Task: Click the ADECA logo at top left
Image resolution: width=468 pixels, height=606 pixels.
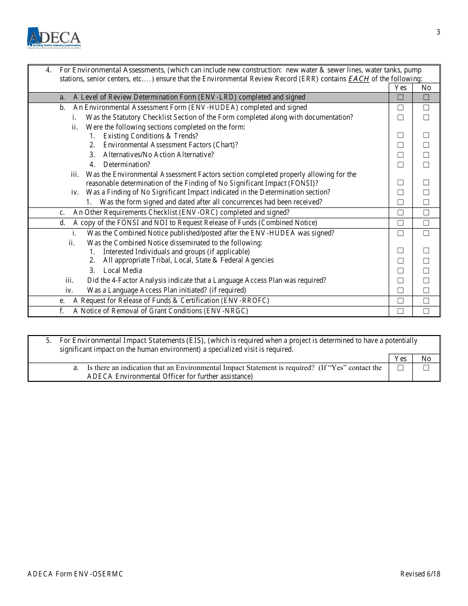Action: point(54,37)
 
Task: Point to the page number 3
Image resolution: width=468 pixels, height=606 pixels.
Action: point(438,33)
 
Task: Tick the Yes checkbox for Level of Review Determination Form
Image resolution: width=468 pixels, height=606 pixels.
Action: point(401,98)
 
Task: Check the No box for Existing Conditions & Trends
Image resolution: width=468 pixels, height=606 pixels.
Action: point(426,135)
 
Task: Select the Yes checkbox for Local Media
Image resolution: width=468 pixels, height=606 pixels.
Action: point(401,270)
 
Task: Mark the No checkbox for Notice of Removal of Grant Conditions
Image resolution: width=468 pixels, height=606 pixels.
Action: point(426,311)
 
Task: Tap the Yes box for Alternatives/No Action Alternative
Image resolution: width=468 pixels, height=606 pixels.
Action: point(401,155)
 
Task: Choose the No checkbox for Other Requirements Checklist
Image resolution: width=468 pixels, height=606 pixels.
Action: point(426,212)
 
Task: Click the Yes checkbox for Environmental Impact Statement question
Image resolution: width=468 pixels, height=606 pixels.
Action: point(401,368)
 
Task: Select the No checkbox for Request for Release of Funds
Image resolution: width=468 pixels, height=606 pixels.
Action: point(426,301)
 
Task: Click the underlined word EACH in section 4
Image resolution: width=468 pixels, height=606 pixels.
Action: point(359,79)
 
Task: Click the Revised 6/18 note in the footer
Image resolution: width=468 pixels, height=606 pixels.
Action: point(420,574)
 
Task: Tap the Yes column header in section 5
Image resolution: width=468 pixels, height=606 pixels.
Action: point(401,359)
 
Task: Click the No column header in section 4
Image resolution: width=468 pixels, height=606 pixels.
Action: point(426,88)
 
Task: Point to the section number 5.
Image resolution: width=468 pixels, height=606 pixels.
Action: point(48,340)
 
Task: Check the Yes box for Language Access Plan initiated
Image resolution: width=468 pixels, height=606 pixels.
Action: point(401,290)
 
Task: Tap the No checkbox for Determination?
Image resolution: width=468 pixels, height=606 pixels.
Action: point(426,165)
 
